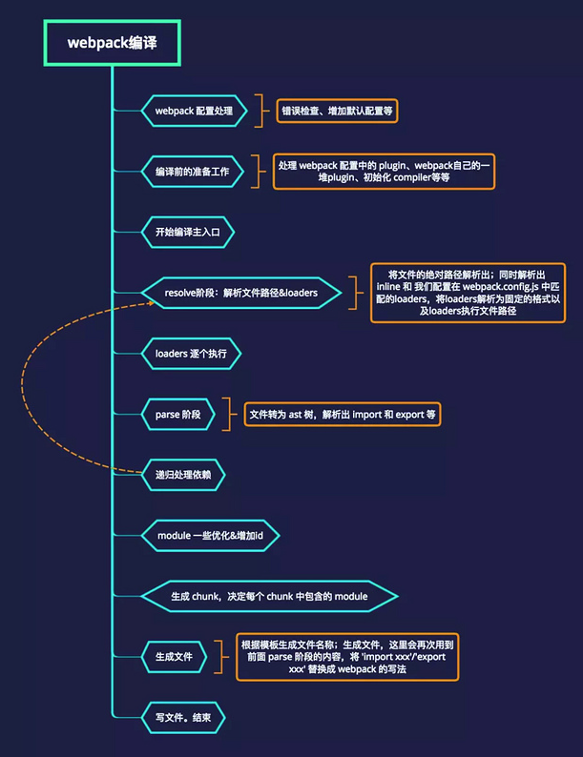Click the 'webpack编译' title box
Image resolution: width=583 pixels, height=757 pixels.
click(x=112, y=43)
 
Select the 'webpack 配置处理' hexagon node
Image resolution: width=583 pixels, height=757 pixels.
click(x=194, y=111)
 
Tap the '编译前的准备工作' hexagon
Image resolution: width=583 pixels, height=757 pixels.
click(x=192, y=172)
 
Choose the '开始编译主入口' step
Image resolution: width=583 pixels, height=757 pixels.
click(x=187, y=233)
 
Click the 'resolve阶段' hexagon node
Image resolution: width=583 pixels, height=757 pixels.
click(x=241, y=293)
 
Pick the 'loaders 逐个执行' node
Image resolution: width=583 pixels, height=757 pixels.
click(x=191, y=354)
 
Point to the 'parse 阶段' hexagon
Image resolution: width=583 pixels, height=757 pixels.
click(x=177, y=414)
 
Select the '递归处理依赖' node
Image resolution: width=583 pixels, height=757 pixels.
click(x=183, y=475)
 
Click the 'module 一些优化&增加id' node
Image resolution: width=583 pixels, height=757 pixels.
click(x=210, y=536)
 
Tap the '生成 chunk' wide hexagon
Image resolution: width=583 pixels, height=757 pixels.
click(x=269, y=596)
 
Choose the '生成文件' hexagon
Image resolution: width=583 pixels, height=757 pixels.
click(x=174, y=657)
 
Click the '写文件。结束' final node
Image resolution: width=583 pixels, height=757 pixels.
click(x=183, y=717)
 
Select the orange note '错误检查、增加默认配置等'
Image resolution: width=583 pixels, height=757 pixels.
click(x=337, y=111)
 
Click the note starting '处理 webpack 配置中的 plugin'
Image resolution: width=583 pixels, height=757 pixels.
click(x=384, y=172)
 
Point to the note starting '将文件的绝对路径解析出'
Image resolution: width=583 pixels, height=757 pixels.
click(x=468, y=293)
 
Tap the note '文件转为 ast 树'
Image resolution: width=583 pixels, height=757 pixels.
click(x=343, y=414)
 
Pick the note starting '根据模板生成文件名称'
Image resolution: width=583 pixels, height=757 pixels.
click(x=347, y=657)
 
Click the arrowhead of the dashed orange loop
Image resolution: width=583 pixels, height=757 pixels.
click(x=152, y=303)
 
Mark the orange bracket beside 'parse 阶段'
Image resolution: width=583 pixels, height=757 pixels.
click(x=227, y=414)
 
